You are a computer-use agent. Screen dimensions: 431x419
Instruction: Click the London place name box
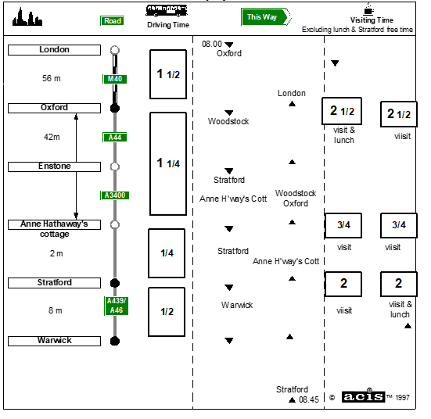54,50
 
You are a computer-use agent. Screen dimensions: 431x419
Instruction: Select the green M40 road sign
115,79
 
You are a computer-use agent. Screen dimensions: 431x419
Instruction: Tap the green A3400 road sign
115,195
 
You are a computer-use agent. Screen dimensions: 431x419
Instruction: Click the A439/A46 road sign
117,306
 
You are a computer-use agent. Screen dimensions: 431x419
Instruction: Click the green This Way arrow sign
266,17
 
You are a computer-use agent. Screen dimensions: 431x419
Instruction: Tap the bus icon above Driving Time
167,11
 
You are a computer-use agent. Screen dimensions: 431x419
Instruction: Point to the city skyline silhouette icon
27,17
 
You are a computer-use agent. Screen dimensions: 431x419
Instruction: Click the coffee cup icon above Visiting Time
368,9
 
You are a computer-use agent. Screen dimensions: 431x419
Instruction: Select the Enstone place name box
54,167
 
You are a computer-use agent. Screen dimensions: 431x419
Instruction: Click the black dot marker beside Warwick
115,341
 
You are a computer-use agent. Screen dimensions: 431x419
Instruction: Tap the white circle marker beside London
115,50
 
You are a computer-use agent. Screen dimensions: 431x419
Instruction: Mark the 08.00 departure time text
212,44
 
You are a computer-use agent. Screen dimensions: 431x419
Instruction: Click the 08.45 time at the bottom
309,399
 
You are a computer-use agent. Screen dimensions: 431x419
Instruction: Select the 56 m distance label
52,78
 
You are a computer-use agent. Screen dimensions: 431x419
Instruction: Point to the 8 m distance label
56,310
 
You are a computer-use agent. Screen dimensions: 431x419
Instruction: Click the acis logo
363,396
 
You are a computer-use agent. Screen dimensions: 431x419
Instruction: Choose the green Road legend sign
112,21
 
